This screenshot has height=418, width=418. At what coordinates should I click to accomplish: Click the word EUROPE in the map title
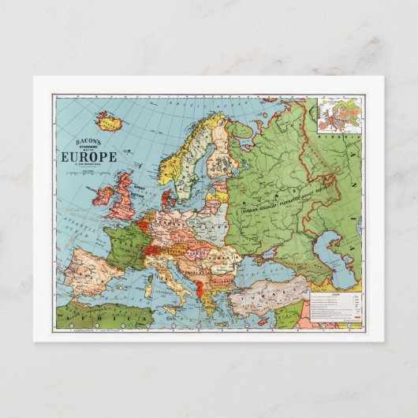[x=88, y=156]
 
